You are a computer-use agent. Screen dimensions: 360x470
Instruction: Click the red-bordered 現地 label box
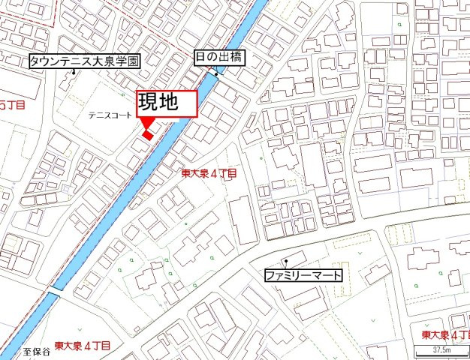(166, 103)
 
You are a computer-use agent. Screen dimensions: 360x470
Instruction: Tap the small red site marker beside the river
(147, 135)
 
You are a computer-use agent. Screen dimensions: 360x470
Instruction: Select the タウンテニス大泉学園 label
(83, 61)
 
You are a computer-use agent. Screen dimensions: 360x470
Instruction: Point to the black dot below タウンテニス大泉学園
(74, 73)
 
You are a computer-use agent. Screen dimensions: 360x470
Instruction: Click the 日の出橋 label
(218, 58)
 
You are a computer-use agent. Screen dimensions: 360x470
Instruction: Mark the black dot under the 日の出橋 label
(216, 74)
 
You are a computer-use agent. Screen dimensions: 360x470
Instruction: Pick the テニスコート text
(110, 115)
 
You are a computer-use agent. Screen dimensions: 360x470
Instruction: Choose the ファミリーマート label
(303, 275)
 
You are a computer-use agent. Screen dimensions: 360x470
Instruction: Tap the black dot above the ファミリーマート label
(285, 261)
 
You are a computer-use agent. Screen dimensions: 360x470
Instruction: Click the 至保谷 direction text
(35, 350)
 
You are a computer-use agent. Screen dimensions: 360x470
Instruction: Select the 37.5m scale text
(441, 350)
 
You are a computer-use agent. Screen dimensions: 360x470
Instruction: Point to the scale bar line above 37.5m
(441, 344)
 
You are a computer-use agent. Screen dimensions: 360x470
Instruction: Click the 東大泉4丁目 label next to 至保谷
(83, 346)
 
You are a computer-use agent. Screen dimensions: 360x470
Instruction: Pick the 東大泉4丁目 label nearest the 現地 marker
(209, 173)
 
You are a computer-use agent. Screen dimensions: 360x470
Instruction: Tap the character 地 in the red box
(178, 103)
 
